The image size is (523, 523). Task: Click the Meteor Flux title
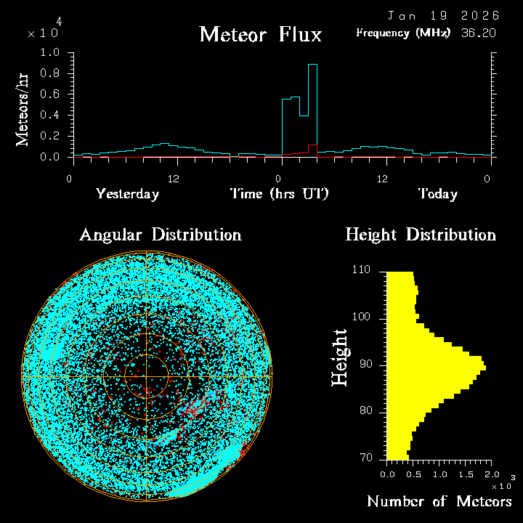(x=260, y=34)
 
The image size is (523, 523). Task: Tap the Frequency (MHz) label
(x=403, y=33)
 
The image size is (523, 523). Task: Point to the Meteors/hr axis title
(x=24, y=110)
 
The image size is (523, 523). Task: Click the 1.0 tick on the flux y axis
(x=51, y=53)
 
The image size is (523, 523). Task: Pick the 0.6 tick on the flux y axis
(x=51, y=94)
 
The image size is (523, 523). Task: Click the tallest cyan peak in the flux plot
(x=313, y=65)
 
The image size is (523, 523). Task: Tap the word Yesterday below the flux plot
(x=127, y=194)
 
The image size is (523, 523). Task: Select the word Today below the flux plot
(x=437, y=194)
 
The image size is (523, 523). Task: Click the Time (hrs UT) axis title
(x=280, y=194)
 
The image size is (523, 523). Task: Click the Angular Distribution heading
(x=160, y=235)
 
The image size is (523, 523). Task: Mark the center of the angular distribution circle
(x=146, y=376)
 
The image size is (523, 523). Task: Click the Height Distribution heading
(x=421, y=235)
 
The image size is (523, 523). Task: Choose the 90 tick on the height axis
(x=365, y=364)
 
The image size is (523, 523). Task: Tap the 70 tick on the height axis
(x=365, y=458)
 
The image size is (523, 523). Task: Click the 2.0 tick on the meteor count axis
(x=491, y=474)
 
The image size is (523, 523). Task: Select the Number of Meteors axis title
(x=439, y=502)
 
